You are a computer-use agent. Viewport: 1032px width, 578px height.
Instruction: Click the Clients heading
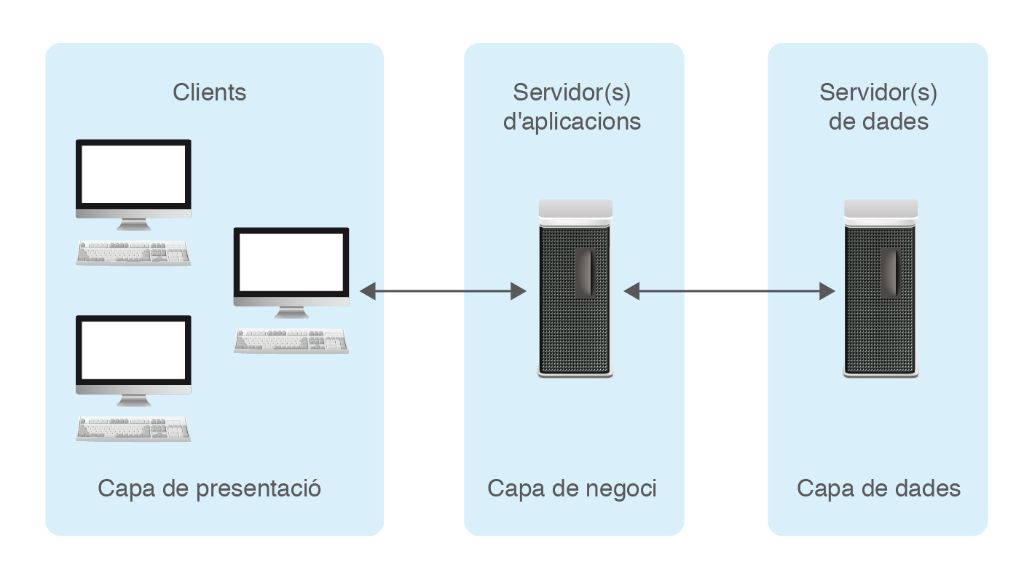[x=210, y=92]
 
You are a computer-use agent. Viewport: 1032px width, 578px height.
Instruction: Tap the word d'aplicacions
[x=572, y=121]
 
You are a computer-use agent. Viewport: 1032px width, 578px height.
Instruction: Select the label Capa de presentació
[x=210, y=488]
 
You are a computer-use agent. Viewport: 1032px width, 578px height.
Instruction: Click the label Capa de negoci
[x=572, y=488]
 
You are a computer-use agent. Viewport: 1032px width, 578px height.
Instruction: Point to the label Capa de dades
[x=878, y=488]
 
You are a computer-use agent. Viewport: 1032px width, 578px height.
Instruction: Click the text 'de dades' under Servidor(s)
[x=878, y=121]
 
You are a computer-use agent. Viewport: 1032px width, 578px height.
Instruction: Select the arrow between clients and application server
[x=443, y=292]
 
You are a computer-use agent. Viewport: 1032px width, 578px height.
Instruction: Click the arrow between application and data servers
[x=730, y=292]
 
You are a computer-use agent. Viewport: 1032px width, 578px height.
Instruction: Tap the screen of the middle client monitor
[x=291, y=262]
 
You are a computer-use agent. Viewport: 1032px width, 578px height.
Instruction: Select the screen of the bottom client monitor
[x=133, y=350]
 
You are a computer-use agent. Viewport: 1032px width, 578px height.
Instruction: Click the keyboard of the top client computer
[x=133, y=253]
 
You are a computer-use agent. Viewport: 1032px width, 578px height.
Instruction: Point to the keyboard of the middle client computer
[x=291, y=341]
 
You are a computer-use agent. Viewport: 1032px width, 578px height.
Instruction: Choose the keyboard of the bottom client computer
[x=133, y=429]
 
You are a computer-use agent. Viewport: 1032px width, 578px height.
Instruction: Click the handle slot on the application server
[x=584, y=273]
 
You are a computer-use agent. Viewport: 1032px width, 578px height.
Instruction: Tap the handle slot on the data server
[x=890, y=273]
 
